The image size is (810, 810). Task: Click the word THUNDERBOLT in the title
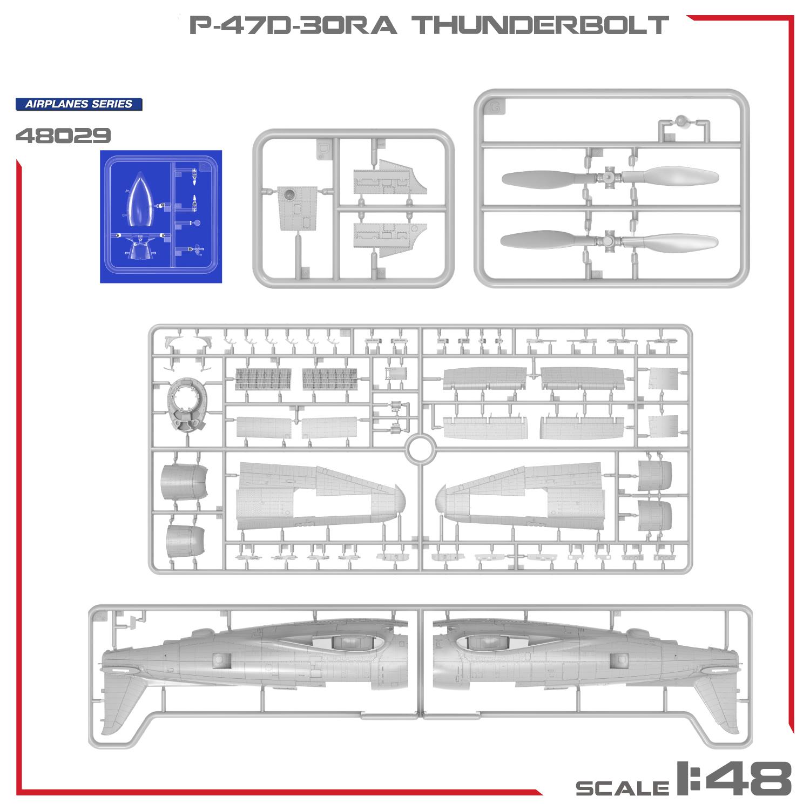coord(541,25)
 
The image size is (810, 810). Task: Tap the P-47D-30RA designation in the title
coord(293,25)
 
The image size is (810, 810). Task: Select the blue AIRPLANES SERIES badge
coord(79,104)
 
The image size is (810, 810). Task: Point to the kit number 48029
coord(63,136)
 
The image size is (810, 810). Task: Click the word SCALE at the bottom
coord(623,788)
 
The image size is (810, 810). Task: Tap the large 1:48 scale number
coord(734,778)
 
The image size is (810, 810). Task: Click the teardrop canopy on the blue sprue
coord(140,200)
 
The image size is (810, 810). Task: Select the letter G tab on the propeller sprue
coord(494,107)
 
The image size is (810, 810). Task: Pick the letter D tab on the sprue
coord(323,148)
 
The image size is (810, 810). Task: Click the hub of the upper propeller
coord(609,177)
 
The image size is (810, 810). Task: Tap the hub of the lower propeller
coord(609,241)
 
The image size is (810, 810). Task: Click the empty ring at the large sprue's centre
coord(421,449)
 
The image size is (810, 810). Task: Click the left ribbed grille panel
coord(263,379)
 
